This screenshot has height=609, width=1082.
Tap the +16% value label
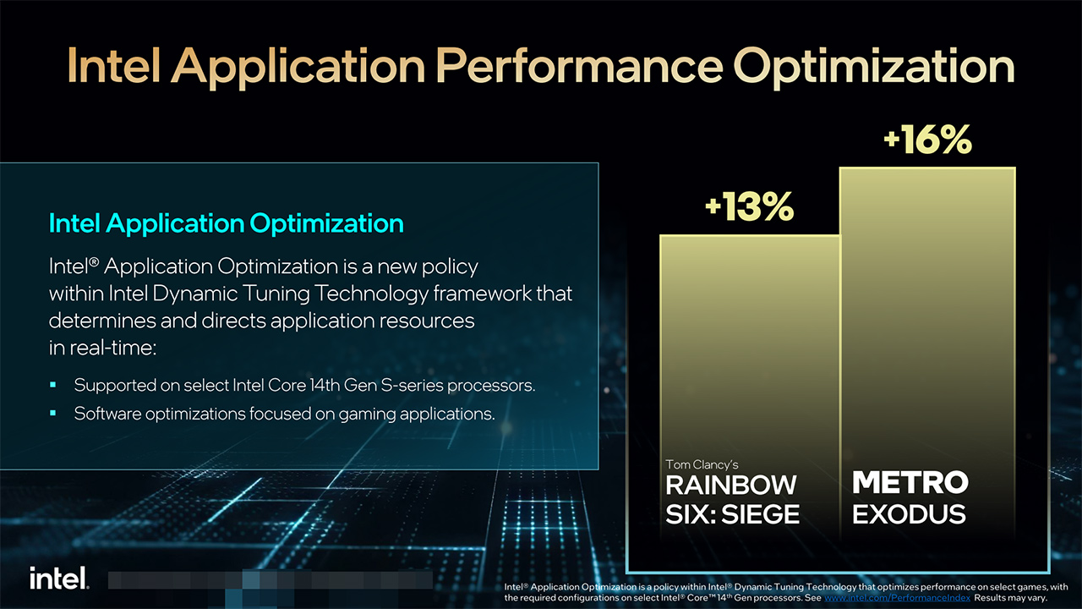[927, 140]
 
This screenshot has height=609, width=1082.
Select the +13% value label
[749, 206]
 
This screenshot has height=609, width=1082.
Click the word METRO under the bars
[910, 483]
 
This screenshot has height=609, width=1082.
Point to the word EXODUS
[909, 513]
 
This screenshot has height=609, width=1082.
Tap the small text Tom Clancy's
[702, 464]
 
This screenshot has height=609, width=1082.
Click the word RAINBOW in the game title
[731, 485]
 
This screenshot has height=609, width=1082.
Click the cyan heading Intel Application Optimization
[227, 223]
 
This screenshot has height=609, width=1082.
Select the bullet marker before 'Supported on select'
[53, 385]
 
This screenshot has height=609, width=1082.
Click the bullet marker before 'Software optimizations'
[53, 414]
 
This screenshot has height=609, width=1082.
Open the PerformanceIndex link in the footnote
[897, 598]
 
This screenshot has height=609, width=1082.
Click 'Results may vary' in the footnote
[1011, 598]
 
